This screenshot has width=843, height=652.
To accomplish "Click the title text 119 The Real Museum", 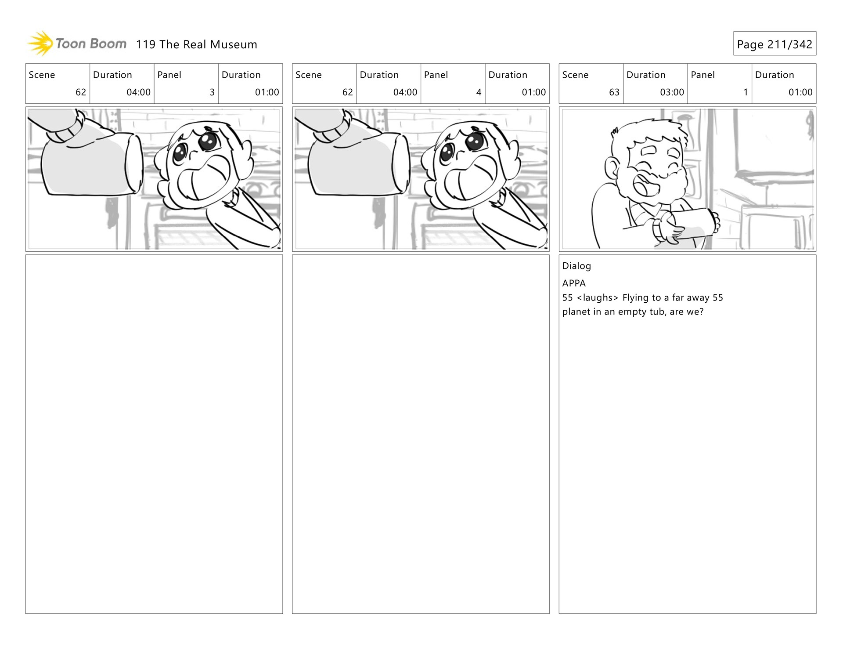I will pos(196,44).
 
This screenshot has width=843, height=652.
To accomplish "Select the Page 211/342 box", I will pos(774,43).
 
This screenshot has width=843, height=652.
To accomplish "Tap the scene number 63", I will pos(614,92).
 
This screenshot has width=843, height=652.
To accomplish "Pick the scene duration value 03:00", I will pos(672,92).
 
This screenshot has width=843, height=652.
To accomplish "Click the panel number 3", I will pos(212,92).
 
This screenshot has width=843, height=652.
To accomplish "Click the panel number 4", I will pos(479,92).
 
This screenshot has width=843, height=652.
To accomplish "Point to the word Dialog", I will pos(576,266).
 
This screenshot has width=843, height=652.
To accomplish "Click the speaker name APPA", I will pos(574,283).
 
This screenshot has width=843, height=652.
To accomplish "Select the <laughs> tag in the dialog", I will pos(597,297).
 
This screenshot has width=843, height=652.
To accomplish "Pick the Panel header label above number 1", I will pos(702,75).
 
